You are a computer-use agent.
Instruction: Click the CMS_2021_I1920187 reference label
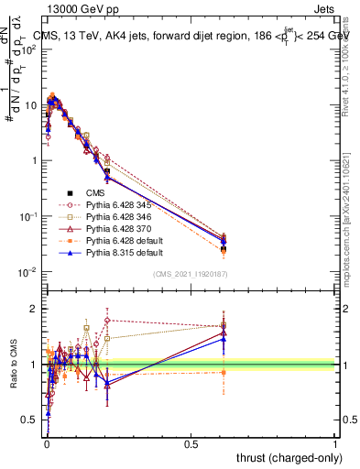click(x=190, y=275)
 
